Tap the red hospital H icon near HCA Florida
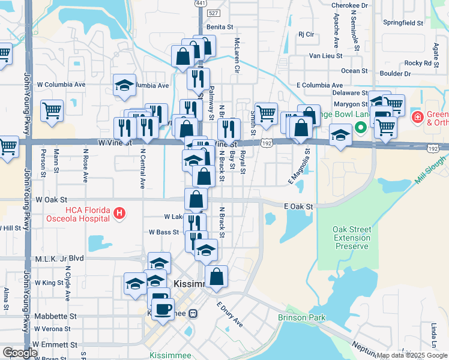point(119,212)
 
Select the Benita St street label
point(219,27)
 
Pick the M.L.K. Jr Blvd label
point(59,257)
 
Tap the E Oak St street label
point(299,206)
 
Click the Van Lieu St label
point(325,56)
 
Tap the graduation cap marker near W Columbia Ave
point(124,85)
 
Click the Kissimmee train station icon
point(193,313)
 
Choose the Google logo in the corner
point(20,353)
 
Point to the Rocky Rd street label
point(418,63)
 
